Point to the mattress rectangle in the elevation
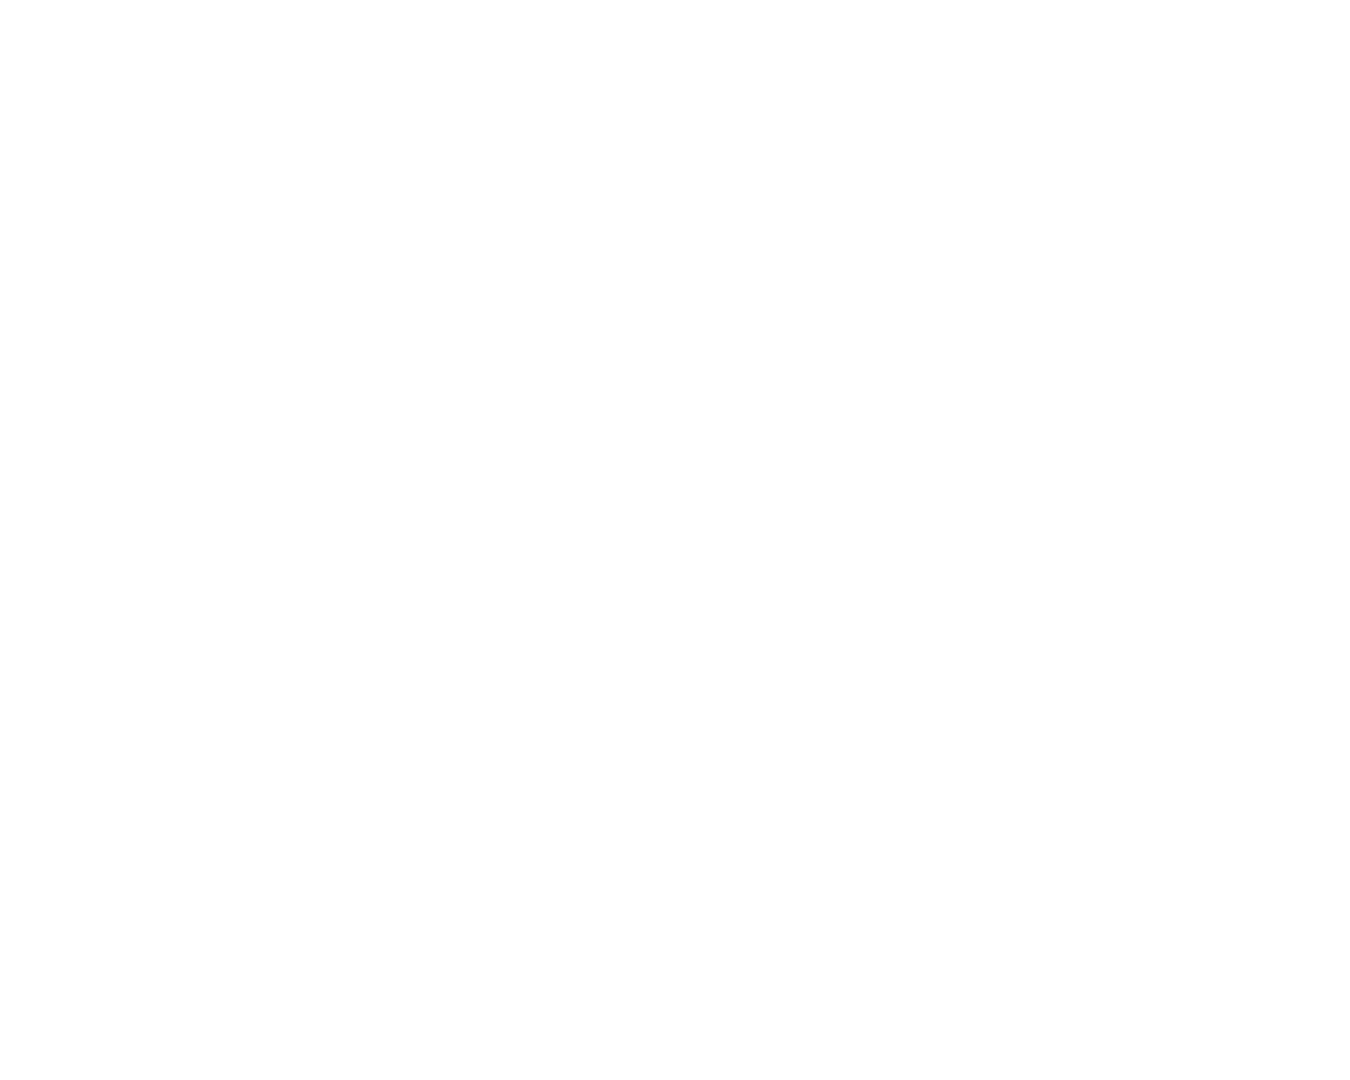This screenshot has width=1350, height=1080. click(x=574, y=255)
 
